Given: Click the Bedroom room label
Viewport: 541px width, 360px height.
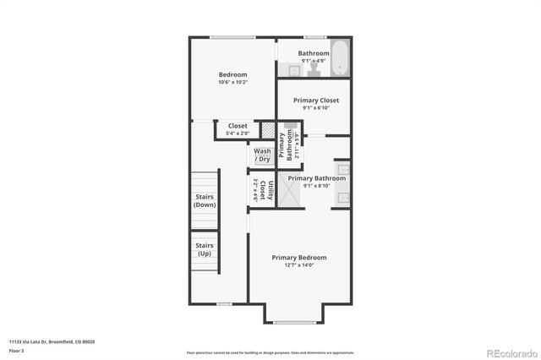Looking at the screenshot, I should pos(232,74).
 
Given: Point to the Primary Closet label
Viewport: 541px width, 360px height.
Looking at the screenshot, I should pos(316,101).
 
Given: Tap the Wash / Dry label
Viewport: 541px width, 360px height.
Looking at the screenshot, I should pos(262,155).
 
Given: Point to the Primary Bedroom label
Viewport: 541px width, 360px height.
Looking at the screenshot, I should pos(298,258).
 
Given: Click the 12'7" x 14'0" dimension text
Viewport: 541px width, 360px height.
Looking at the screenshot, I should pos(298,265).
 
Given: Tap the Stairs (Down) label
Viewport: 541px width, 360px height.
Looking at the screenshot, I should pos(205,201).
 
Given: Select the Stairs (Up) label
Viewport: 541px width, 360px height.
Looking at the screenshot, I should pos(205,249).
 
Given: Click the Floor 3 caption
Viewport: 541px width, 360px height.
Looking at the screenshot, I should pos(16,350).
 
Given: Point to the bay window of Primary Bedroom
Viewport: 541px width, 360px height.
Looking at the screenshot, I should pos(294,322).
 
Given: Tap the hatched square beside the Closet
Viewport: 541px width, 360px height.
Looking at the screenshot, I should pos(268,131).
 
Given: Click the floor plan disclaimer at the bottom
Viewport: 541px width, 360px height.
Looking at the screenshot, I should pos(270,352).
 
